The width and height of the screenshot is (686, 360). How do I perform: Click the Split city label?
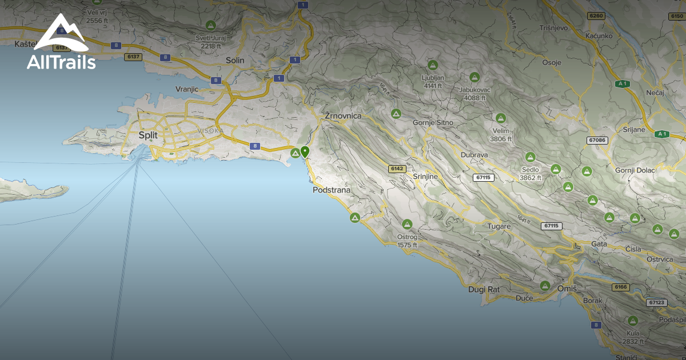coord(148,135)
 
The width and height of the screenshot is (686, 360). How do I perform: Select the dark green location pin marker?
coord(305,152)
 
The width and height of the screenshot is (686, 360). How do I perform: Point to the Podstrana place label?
coord(332,190)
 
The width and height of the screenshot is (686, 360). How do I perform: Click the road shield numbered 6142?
coord(396,169)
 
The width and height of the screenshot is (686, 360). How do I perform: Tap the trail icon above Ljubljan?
coord(433,65)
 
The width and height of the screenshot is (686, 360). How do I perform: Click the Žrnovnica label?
coord(343,116)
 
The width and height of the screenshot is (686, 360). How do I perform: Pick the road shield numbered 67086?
coord(596,140)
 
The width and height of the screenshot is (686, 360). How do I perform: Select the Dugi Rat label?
coord(484,290)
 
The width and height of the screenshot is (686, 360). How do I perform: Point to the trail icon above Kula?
coord(633,321)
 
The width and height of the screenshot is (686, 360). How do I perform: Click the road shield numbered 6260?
coord(596,16)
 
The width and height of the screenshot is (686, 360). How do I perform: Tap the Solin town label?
coord(235,60)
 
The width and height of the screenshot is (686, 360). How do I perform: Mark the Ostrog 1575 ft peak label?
coord(407,241)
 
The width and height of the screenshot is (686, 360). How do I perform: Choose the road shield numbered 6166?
coord(621,287)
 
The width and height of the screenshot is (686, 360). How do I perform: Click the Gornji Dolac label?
coord(635,170)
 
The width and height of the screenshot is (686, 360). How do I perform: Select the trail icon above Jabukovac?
coord(474,77)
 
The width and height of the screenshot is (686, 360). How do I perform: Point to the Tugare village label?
coord(498,226)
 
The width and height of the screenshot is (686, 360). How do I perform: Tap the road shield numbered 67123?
coord(657,302)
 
